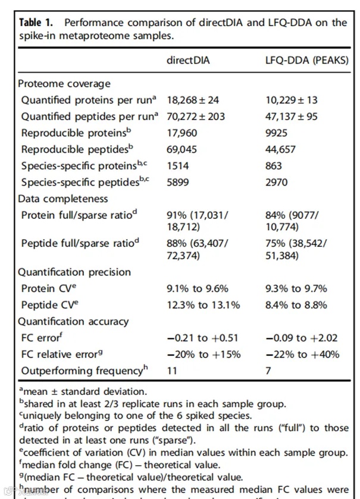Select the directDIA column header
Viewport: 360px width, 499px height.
click(188, 60)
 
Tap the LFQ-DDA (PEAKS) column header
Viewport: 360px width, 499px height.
click(306, 60)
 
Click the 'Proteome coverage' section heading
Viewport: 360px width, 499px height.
click(64, 84)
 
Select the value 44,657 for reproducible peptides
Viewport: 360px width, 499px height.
click(280, 150)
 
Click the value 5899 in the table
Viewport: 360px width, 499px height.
click(179, 183)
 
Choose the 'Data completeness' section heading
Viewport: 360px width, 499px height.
click(63, 199)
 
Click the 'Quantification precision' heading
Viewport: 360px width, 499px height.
click(74, 272)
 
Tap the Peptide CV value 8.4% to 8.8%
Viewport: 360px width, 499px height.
click(296, 305)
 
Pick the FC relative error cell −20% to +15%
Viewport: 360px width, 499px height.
click(204, 354)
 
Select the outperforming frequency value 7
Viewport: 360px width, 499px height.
click(268, 371)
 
